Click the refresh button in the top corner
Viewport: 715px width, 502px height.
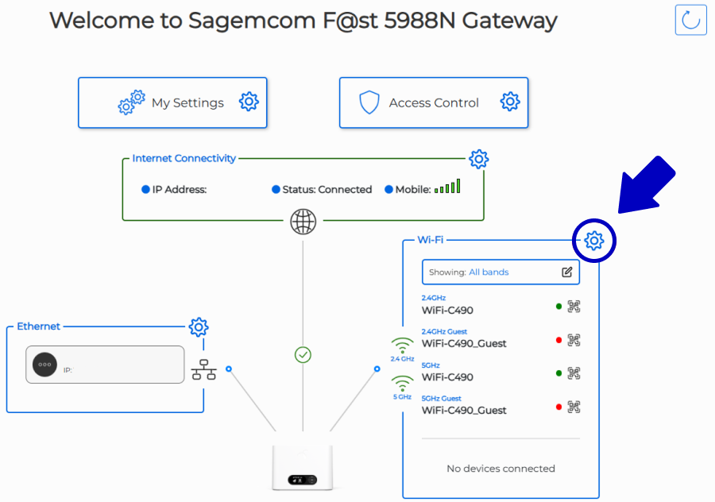pos(690,20)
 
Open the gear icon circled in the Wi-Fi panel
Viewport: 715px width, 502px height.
pos(593,241)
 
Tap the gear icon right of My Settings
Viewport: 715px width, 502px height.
pos(249,102)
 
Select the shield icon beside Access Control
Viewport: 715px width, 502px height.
pos(369,102)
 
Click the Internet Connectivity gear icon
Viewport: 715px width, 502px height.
pos(479,159)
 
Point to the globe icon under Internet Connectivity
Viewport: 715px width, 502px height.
pos(303,221)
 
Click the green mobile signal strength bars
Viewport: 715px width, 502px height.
pos(447,186)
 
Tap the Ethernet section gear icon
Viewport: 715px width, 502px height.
pos(199,327)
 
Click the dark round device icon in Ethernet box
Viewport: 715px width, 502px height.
pos(44,365)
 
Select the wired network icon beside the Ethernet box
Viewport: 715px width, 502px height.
pos(204,369)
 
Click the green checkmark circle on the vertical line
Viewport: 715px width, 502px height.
pos(303,354)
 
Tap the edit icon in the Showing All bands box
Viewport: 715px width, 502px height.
pos(566,272)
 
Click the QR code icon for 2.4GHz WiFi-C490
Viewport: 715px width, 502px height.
pos(574,307)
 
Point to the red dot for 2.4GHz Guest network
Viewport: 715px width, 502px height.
pos(558,340)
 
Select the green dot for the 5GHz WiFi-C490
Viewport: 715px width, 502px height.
pos(558,373)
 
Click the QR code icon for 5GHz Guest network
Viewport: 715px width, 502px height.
pos(574,407)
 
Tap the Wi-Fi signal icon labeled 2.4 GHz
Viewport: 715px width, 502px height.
pos(402,346)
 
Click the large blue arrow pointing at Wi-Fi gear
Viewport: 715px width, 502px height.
pos(647,185)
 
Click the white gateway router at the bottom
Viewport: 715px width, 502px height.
pos(303,467)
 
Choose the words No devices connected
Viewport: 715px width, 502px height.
pos(500,469)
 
